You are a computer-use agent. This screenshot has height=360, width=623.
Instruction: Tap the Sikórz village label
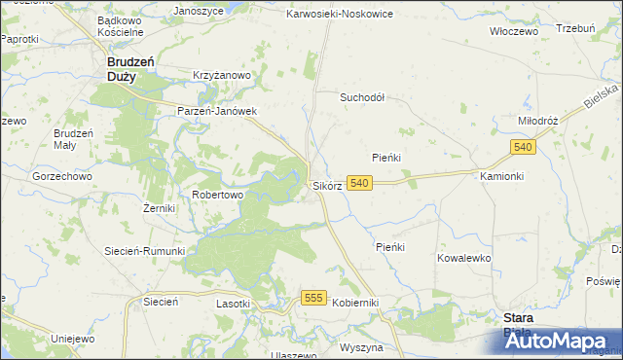326,185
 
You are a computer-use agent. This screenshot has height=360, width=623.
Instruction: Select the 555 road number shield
312,298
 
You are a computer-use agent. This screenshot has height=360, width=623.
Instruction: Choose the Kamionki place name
502,176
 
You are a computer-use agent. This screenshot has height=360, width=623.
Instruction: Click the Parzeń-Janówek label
216,111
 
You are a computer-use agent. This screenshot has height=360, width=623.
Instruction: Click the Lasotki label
233,304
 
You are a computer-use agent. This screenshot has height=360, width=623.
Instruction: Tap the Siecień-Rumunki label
145,250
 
